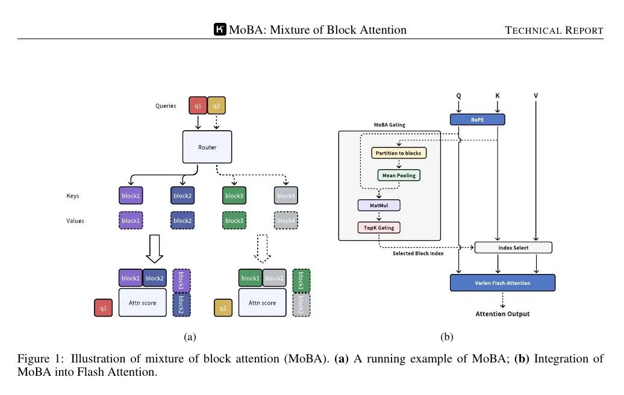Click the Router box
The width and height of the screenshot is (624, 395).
pos(207,147)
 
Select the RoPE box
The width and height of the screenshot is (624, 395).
pos(477,119)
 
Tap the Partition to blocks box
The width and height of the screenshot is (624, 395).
pos(398,153)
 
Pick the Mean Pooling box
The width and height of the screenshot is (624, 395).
pos(398,175)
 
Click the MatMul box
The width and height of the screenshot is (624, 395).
pos(379,205)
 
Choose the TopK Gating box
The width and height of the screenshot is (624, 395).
pos(379,228)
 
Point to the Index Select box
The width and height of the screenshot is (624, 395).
pos(513,247)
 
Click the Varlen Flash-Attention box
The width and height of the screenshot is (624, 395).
pos(502,282)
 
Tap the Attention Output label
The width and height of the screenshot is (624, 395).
pos(502,314)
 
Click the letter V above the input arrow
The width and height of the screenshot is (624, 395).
pos(535,96)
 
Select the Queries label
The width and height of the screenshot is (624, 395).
pos(165,106)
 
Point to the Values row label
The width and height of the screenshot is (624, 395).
pos(75,220)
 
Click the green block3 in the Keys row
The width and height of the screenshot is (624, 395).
pos(234,196)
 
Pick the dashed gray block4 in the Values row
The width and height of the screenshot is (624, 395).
pos(285,221)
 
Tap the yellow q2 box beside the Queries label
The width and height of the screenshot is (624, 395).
pos(216,105)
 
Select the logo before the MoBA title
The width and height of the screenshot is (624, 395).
pos(220,30)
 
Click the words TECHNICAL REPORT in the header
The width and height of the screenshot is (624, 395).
pos(554,31)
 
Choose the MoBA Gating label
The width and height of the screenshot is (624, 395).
pos(389,125)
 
